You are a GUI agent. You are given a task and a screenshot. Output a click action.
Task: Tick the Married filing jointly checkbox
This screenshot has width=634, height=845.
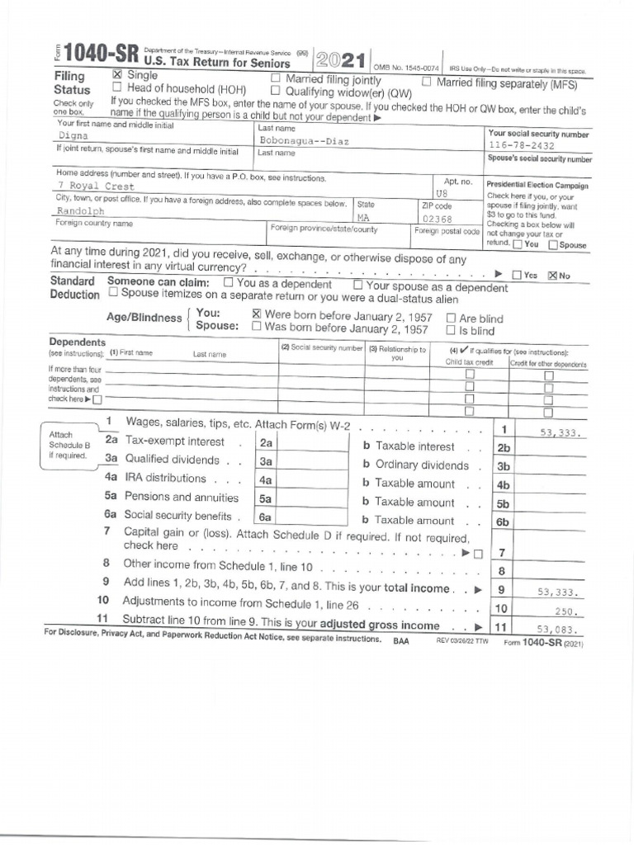[x=277, y=79]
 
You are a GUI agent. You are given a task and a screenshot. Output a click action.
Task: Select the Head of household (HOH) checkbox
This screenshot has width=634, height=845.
[x=116, y=87]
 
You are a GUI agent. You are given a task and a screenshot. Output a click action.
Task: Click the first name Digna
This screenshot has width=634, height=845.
[x=74, y=135]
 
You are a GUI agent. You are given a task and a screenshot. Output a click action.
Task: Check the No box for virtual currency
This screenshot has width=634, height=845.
[x=553, y=276]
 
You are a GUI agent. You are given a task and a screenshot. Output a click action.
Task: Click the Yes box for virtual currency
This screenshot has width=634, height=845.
[x=517, y=276]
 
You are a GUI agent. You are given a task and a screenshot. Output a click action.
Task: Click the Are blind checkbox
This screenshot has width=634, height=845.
[x=451, y=318]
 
